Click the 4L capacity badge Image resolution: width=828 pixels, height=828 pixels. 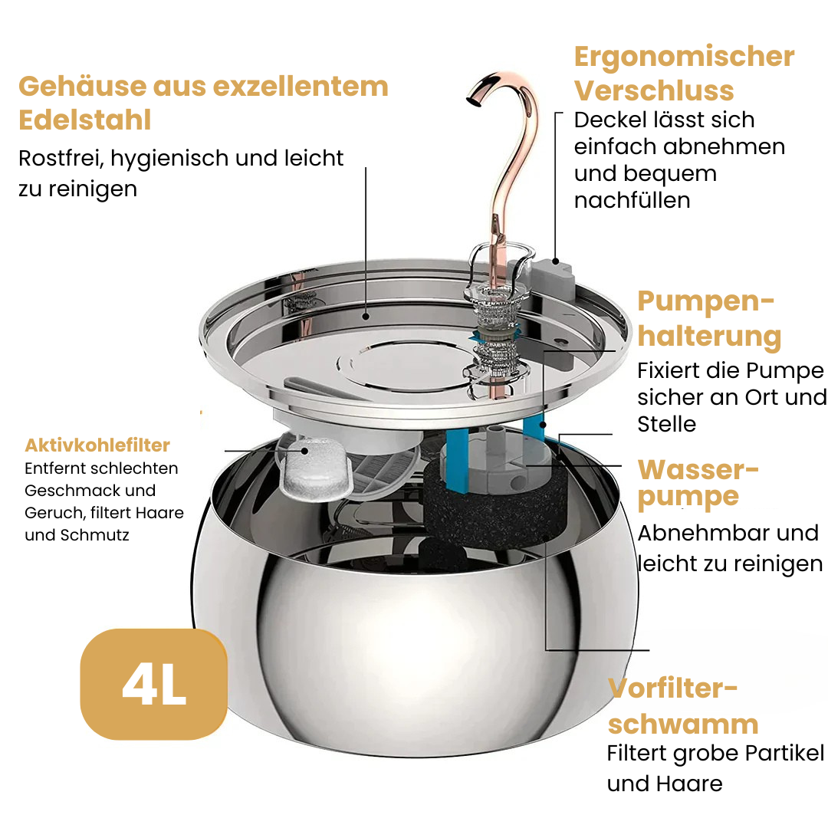(x=153, y=684)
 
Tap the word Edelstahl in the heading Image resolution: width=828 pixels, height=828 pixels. (x=84, y=120)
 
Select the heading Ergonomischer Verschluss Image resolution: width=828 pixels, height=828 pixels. (x=684, y=73)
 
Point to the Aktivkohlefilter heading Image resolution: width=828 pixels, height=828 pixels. (x=97, y=445)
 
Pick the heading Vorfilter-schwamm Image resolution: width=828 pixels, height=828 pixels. (x=682, y=706)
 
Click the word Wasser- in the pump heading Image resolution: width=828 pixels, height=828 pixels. (x=698, y=469)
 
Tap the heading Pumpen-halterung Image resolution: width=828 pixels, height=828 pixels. (x=709, y=319)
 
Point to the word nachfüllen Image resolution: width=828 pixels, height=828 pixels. (x=632, y=200)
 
